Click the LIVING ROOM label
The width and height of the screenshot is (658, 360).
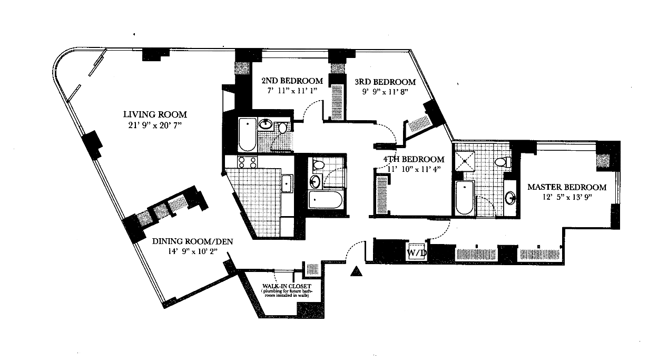pyautogui.click(x=155, y=114)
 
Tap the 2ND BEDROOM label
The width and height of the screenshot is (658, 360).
pyautogui.click(x=291, y=81)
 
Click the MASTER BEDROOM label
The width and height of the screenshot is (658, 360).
pyautogui.click(x=567, y=187)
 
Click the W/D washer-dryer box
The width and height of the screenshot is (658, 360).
pyautogui.click(x=416, y=251)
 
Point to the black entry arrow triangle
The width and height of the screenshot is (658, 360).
pyautogui.click(x=357, y=271)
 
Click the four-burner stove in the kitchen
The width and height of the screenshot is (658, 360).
pyautogui.click(x=247, y=162)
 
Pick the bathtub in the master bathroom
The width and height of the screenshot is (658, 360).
pyautogui.click(x=465, y=198)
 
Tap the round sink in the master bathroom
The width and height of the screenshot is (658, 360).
pyautogui.click(x=510, y=198)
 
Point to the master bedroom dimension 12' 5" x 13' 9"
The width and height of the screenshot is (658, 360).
pyautogui.click(x=567, y=198)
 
